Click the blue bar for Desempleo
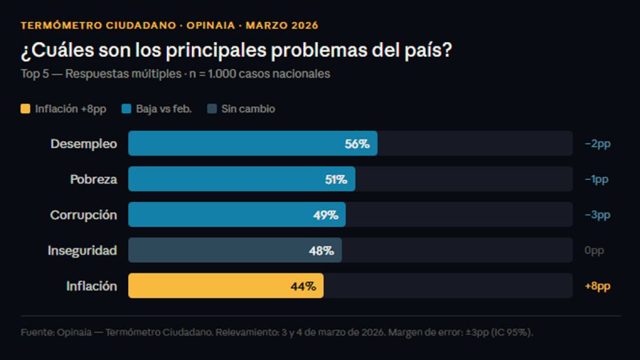click(252, 144)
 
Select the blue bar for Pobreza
click(242, 179)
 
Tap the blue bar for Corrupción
click(237, 215)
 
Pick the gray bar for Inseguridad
click(235, 250)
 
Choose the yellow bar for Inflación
click(225, 286)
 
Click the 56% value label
click(357, 144)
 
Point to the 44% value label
click(303, 286)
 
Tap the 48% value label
click(321, 250)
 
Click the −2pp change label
click(597, 144)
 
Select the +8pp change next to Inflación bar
click(597, 286)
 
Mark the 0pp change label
click(594, 250)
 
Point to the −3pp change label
click(597, 215)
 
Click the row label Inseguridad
click(82, 250)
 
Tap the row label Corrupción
click(83, 215)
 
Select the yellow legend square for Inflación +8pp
click(26, 109)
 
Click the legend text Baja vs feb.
click(164, 109)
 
